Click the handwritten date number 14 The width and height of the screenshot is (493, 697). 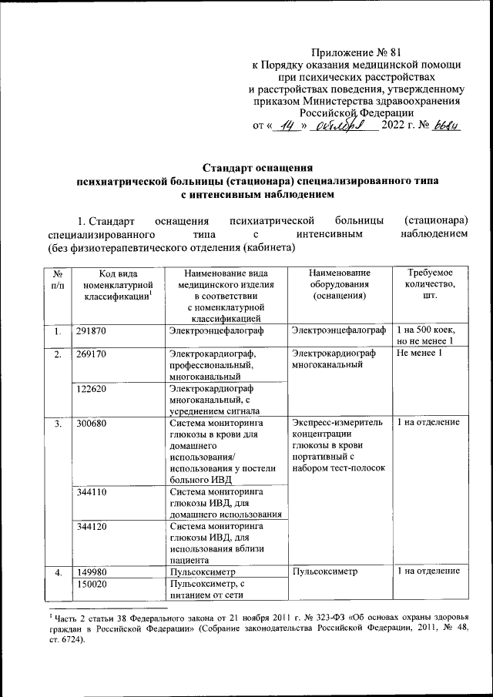click(x=290, y=126)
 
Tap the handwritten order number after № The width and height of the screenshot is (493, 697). click(x=445, y=126)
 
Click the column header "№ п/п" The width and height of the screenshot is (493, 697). click(x=58, y=280)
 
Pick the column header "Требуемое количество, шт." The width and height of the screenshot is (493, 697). click(x=429, y=286)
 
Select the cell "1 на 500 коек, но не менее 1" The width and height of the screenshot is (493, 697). click(x=429, y=337)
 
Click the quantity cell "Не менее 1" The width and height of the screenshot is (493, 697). click(x=419, y=354)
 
